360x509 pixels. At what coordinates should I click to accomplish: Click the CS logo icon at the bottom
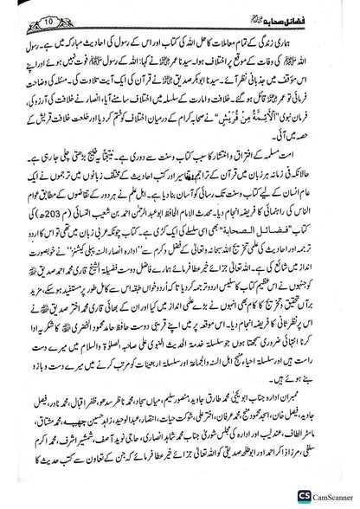tap(289, 496)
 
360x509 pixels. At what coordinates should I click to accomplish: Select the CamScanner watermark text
tap(326, 496)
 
